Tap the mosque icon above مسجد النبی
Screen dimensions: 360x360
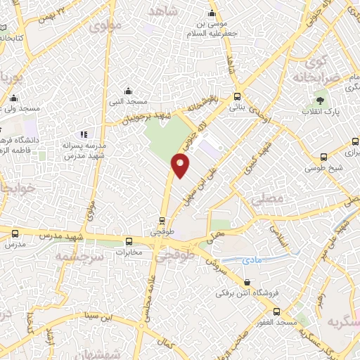(128, 91)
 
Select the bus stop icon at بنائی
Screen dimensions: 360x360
(237, 97)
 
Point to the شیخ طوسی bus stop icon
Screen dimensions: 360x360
(323, 157)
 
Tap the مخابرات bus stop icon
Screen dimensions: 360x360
(128, 240)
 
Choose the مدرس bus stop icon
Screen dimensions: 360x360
(15, 233)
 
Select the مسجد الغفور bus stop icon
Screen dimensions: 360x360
(276, 310)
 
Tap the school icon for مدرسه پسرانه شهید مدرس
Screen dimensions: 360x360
(84, 134)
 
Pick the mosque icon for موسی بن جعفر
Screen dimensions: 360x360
(212, 13)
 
